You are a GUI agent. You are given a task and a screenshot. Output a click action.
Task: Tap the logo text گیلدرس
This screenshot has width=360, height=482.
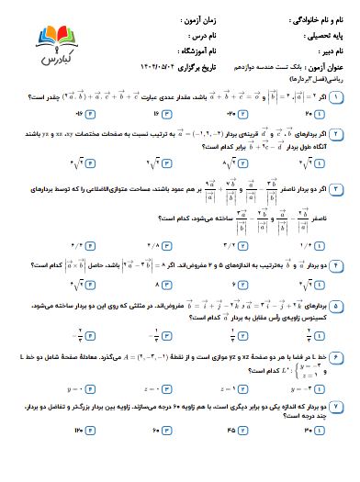60,58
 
